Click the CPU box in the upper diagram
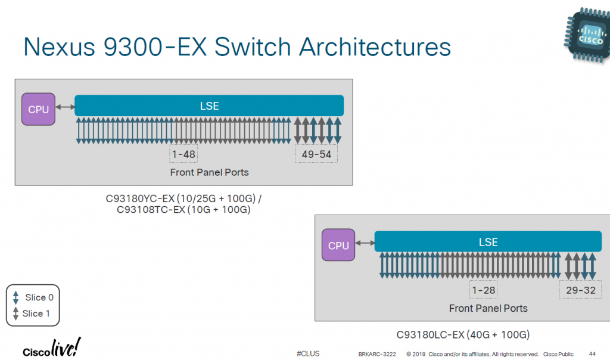click(39, 109)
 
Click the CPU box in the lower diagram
click(338, 246)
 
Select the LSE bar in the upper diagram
click(209, 105)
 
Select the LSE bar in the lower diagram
click(488, 242)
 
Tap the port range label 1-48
click(183, 154)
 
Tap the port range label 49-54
click(316, 154)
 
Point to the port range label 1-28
click(483, 290)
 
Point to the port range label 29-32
click(577, 290)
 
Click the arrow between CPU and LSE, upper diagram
click(65, 107)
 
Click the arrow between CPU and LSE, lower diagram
click(365, 243)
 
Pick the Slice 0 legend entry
click(34, 297)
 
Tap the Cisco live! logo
click(51, 349)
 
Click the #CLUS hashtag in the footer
click(307, 353)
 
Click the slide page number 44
click(592, 353)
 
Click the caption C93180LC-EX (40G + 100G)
click(463, 334)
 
